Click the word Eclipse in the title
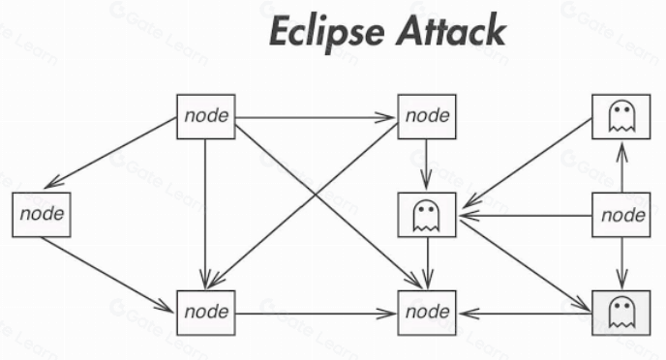[326, 32]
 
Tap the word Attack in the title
[451, 30]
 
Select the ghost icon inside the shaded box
[621, 313]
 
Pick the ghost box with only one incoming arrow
[621, 117]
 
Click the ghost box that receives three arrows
[427, 215]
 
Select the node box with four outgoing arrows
[206, 117]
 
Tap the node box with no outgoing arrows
[427, 313]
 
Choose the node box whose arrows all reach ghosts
[621, 215]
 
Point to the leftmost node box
[42, 215]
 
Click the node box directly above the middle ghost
[427, 117]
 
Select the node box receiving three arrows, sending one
[206, 313]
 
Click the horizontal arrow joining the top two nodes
[316, 118]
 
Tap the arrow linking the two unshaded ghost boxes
[528, 163]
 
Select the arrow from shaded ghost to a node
[525, 314]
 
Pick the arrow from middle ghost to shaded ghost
[524, 265]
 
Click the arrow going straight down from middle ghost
[428, 263]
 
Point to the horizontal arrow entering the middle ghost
[525, 216]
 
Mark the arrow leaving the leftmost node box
[107, 275]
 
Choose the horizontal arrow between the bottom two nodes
[316, 314]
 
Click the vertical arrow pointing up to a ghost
[621, 166]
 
